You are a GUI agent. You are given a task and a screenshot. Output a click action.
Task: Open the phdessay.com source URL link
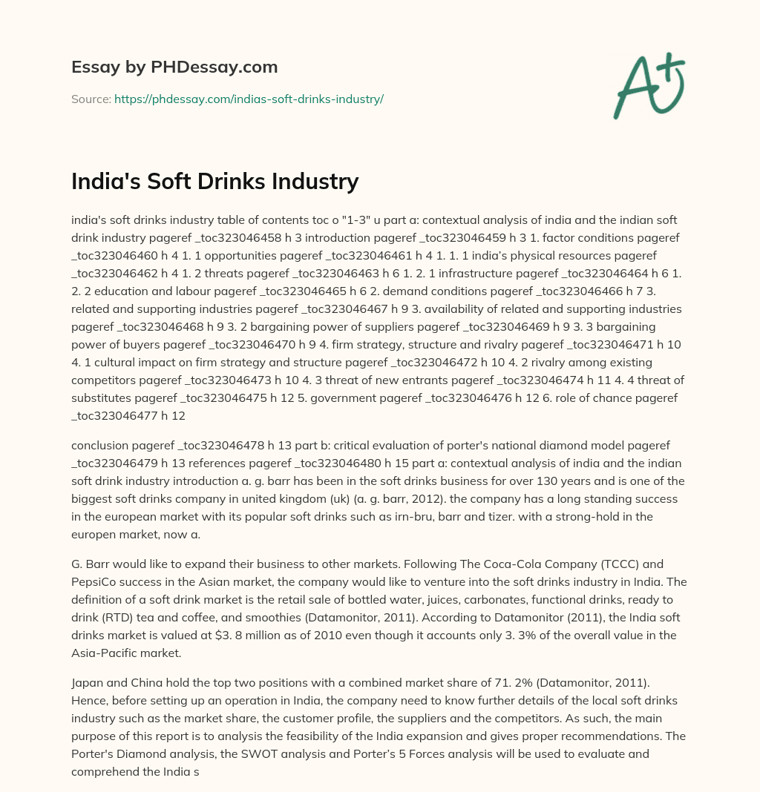(x=249, y=99)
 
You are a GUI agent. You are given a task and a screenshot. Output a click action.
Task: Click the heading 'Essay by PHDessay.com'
(x=174, y=67)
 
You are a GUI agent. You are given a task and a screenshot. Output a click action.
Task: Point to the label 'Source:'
(x=91, y=99)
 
